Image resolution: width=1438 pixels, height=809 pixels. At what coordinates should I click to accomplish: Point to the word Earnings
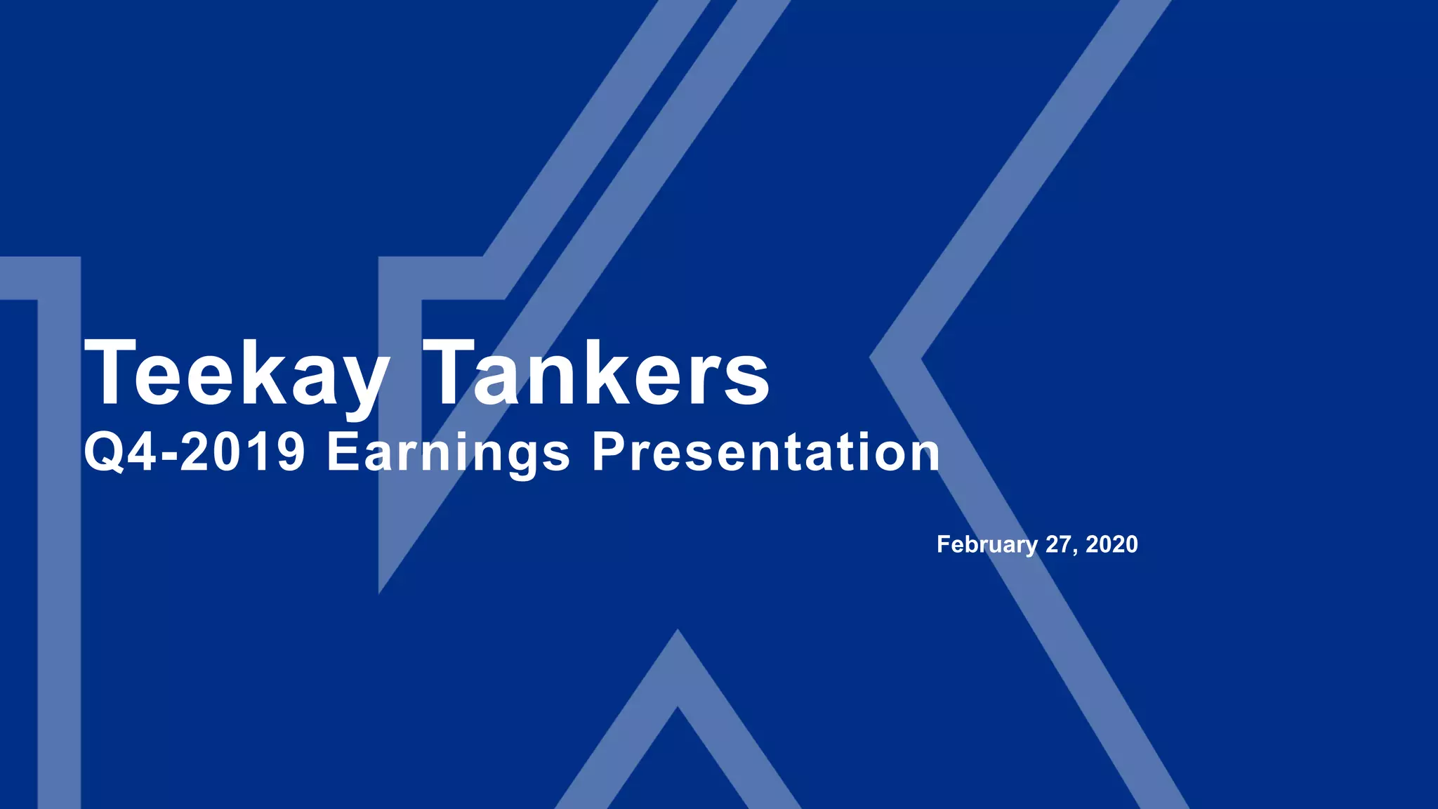click(x=448, y=453)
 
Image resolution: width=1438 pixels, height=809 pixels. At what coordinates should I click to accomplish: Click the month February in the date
click(x=987, y=545)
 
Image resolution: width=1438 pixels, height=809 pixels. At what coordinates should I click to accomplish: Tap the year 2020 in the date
click(x=1112, y=544)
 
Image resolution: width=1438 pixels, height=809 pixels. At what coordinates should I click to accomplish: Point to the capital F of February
click(x=944, y=544)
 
